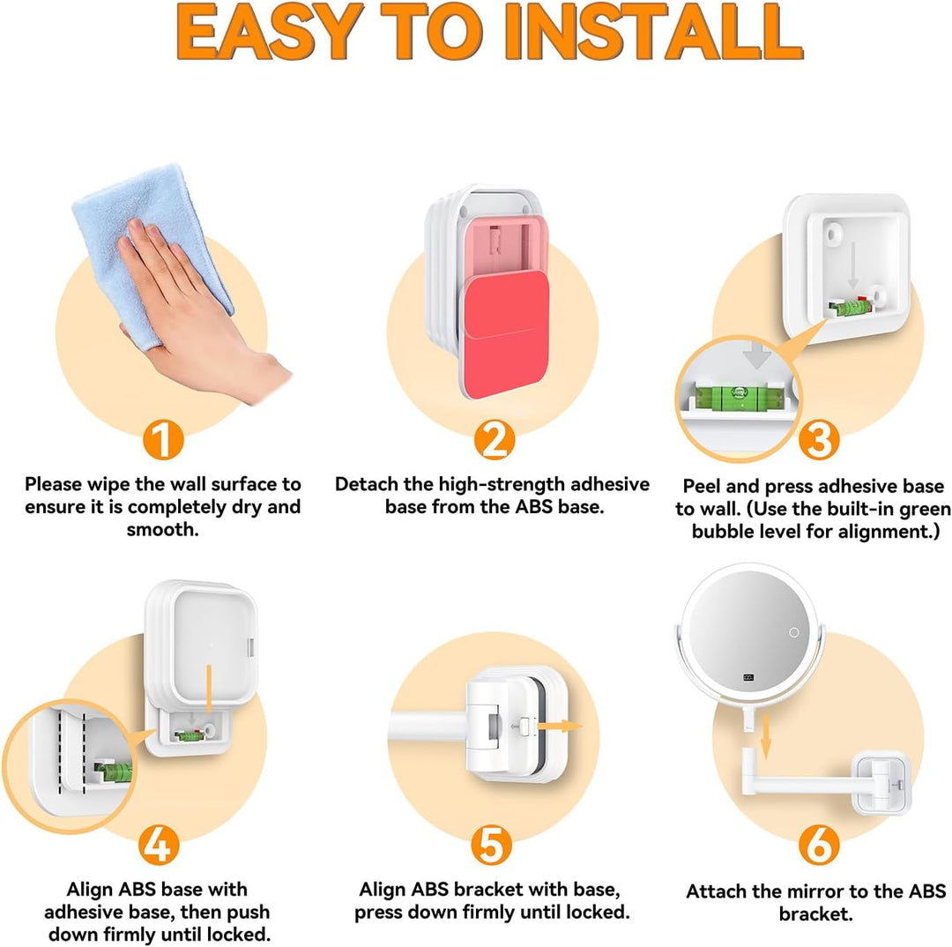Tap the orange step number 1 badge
(163, 440)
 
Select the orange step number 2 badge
(495, 440)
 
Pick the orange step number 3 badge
(819, 440)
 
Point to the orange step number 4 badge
(159, 845)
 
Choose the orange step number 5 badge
(492, 845)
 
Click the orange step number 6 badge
(819, 845)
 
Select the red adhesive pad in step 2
(506, 333)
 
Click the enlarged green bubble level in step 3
(740, 398)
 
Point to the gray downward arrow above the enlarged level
(756, 356)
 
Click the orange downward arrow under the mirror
(766, 737)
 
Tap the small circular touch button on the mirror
(793, 632)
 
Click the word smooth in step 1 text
(163, 530)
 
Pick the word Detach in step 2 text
(366, 484)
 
